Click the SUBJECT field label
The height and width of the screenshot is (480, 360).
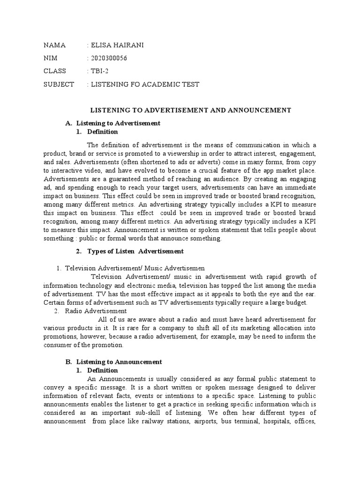pyautogui.click(x=59, y=84)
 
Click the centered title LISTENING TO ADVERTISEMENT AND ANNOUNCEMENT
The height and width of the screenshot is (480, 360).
pyautogui.click(x=190, y=110)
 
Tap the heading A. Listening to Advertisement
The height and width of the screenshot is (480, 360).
pyautogui.click(x=113, y=123)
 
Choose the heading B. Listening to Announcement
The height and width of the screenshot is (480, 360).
pyautogui.click(x=113, y=362)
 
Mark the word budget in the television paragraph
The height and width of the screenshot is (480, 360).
pyautogui.click(x=296, y=302)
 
